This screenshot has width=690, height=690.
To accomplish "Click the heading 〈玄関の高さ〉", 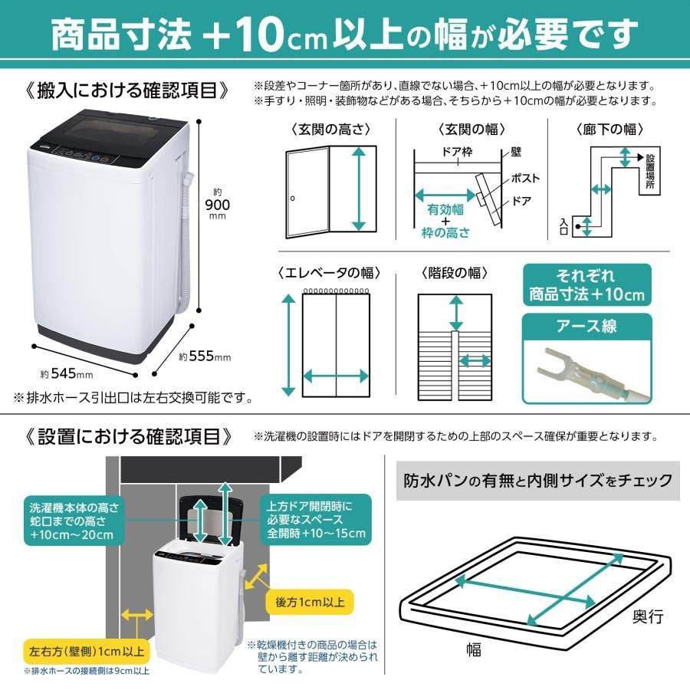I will pyautogui.click(x=330, y=130).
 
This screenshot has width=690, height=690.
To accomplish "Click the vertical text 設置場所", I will pyautogui.click(x=650, y=175).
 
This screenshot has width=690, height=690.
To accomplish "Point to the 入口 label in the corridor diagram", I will pyautogui.click(x=565, y=225).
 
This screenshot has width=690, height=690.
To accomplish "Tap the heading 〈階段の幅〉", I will pyautogui.click(x=455, y=273).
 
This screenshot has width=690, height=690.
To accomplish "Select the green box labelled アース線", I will pyautogui.click(x=586, y=327).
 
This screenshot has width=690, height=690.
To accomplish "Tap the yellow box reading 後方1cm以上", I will pyautogui.click(x=310, y=600).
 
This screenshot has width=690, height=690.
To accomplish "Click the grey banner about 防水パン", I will pyautogui.click(x=537, y=481).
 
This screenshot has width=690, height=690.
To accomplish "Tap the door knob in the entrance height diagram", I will pyautogui.click(x=293, y=199).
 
